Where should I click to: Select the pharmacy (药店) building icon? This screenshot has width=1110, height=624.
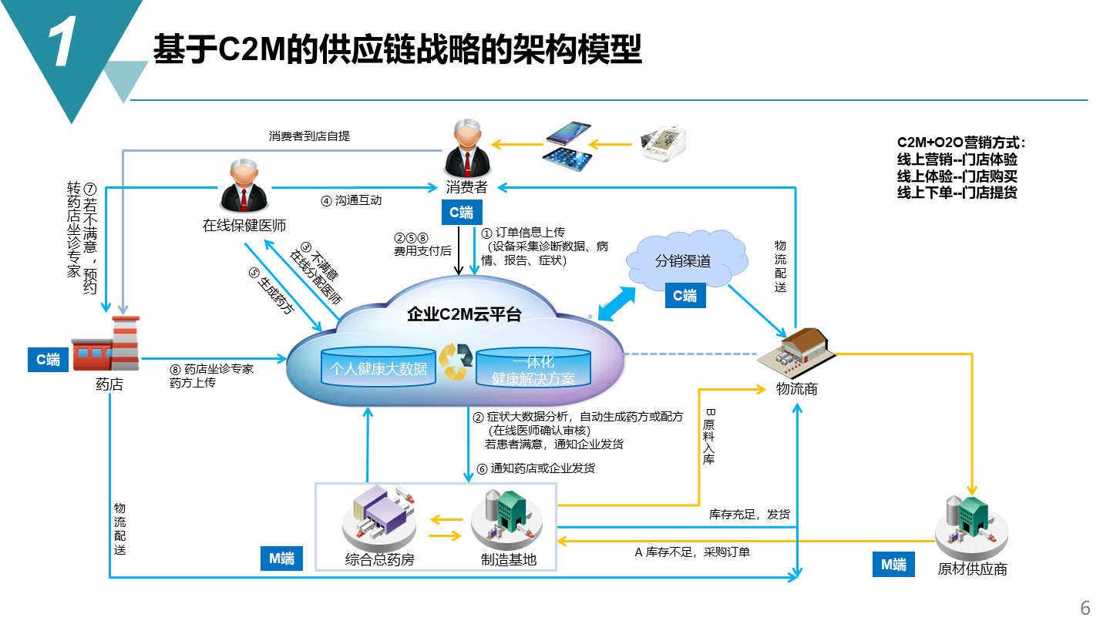(x=106, y=345)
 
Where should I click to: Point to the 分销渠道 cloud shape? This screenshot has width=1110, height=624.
(x=683, y=261)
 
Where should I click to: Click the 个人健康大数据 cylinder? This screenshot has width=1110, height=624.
(x=378, y=367)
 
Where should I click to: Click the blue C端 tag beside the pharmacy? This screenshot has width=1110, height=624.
(x=49, y=360)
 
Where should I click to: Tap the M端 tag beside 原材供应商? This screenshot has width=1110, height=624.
(x=893, y=564)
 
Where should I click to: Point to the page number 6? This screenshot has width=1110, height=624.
(x=1085, y=608)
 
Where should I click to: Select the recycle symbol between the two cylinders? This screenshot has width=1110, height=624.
(x=453, y=361)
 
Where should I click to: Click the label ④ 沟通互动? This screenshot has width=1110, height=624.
(x=351, y=200)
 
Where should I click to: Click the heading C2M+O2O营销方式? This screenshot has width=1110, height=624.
(x=961, y=143)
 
